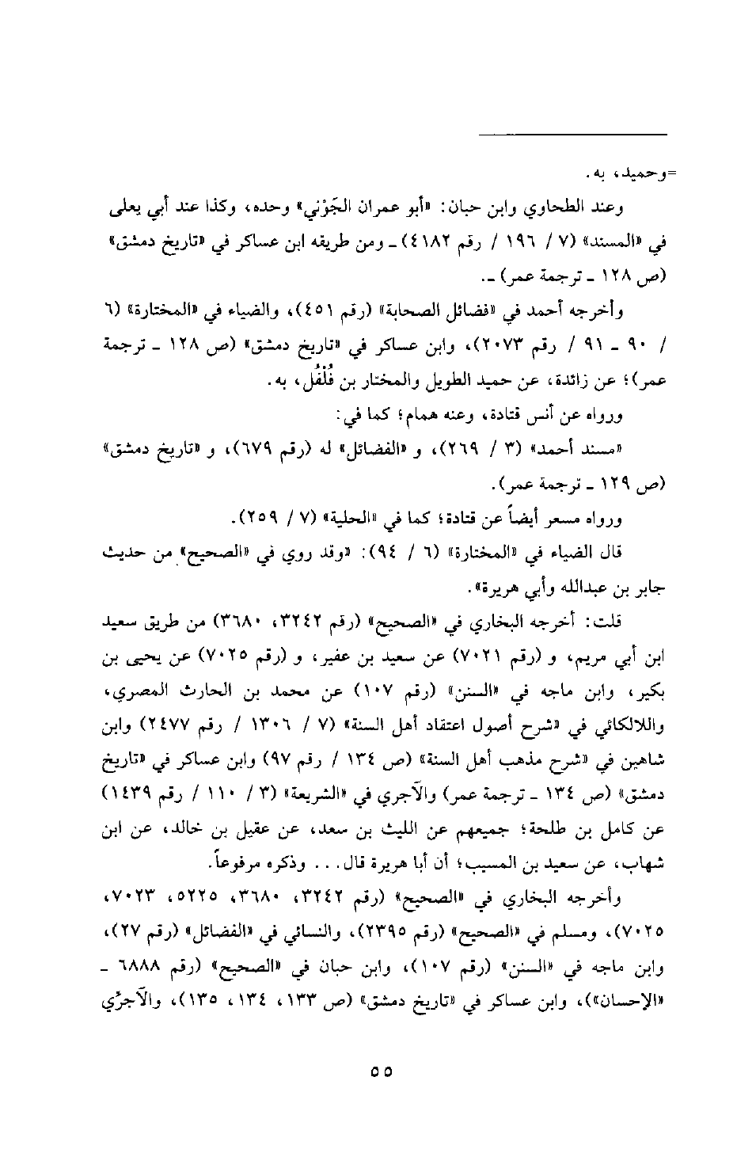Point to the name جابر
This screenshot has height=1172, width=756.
[644, 589]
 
